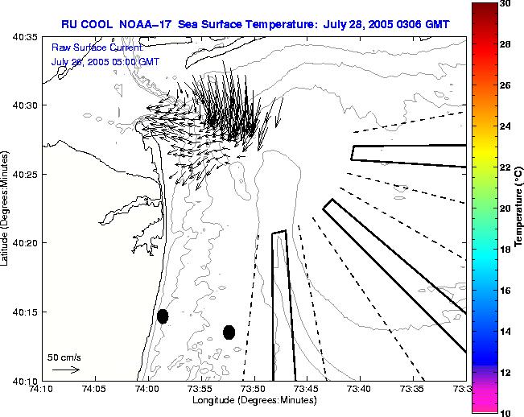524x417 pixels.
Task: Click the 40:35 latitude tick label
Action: click(24, 37)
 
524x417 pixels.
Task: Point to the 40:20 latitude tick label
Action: click(24, 243)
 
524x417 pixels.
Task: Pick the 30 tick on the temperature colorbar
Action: click(505, 3)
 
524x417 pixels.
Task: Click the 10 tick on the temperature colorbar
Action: click(505, 412)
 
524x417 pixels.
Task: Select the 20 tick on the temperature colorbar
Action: click(505, 208)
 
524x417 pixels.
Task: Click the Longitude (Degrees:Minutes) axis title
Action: click(254, 400)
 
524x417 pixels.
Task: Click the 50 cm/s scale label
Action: click(64, 357)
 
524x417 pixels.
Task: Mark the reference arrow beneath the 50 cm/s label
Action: click(65, 370)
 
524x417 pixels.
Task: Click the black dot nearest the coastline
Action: click(163, 316)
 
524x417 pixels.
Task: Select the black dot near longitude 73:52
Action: click(229, 332)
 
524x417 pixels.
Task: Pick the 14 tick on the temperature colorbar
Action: click(505, 330)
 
